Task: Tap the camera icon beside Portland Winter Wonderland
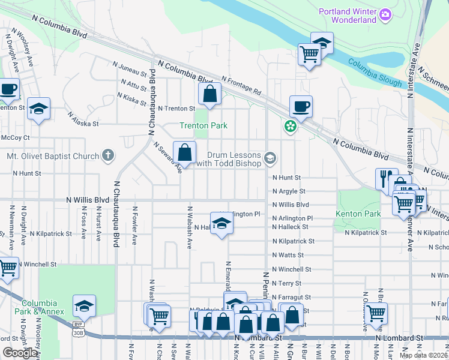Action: pyautogui.click(x=385, y=14)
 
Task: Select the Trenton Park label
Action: pyautogui.click(x=203, y=125)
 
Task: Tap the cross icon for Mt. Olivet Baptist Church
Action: pyautogui.click(x=107, y=156)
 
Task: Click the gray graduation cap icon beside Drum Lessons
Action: pyautogui.click(x=270, y=158)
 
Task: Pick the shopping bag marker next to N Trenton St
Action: pyautogui.click(x=209, y=94)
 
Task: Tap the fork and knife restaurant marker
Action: pyautogui.click(x=384, y=178)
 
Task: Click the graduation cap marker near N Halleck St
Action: pyautogui.click(x=221, y=224)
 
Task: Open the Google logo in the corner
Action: pyautogui.click(x=20, y=353)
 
